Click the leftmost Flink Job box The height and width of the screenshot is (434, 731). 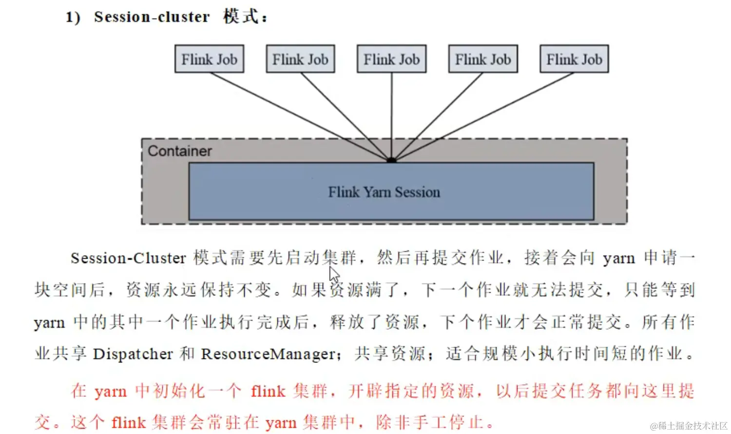tap(209, 59)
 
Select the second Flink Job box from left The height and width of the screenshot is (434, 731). tap(300, 59)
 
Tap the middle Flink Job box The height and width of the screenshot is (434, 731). tap(391, 59)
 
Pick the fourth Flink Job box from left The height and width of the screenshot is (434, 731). tap(483, 59)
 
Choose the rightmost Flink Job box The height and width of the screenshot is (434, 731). tap(574, 59)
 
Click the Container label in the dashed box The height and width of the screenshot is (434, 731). tap(179, 151)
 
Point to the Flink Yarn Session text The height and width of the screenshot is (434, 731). tap(384, 192)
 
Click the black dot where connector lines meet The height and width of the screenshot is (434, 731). tap(391, 160)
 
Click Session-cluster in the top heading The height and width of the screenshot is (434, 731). tap(152, 17)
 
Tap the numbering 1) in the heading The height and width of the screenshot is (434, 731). tap(73, 18)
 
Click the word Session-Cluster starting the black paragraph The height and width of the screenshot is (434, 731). tap(128, 258)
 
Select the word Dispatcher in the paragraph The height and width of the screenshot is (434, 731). tap(133, 354)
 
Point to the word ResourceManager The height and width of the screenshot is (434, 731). tap(269, 354)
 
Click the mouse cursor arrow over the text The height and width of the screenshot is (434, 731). tap(333, 274)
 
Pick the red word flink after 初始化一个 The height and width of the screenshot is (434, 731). tap(268, 391)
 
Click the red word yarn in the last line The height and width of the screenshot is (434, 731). tap(281, 423)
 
